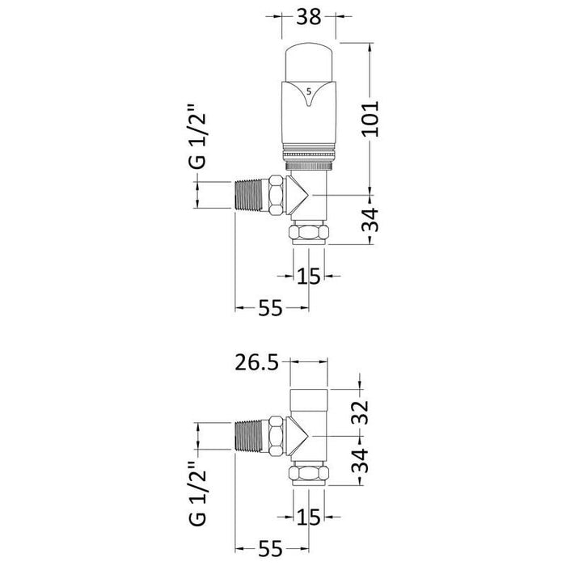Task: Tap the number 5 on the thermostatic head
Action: click(308, 91)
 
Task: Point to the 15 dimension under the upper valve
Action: click(308, 277)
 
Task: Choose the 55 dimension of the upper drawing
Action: click(271, 308)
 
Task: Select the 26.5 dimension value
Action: click(257, 363)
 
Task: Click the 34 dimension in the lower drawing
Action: click(361, 461)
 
